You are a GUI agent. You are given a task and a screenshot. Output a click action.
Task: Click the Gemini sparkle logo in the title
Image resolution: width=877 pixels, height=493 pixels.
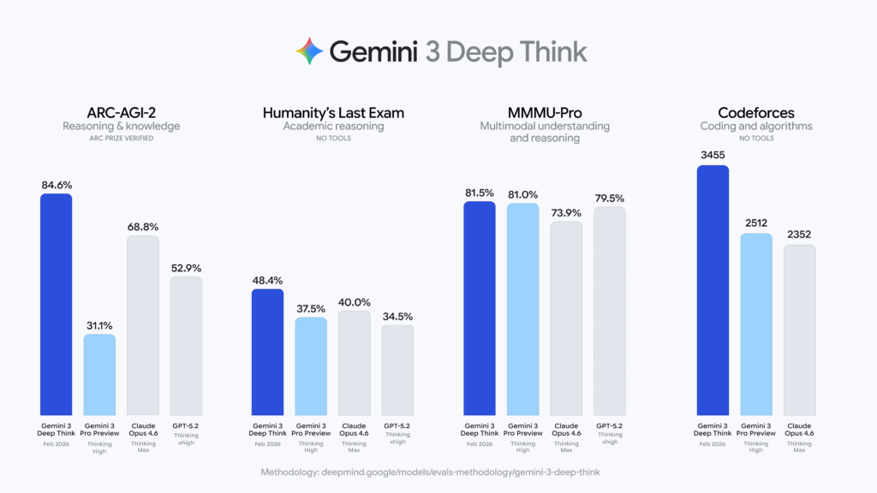309,51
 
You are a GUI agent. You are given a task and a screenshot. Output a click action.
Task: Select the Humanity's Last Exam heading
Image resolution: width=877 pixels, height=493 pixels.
333,111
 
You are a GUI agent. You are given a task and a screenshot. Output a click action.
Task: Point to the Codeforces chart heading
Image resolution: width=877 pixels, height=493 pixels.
755,111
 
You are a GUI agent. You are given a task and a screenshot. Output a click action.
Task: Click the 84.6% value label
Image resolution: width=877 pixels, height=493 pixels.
57,184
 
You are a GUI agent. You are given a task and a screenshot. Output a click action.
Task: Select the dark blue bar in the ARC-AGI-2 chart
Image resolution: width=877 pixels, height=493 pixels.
57,304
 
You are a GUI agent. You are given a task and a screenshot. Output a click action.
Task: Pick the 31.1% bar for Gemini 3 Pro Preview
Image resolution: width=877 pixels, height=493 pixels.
99,374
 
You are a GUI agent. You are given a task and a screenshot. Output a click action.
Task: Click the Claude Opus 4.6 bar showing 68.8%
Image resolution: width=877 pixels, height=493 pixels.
143,325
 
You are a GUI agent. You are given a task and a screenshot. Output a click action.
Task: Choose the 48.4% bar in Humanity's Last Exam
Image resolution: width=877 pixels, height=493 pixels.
267,351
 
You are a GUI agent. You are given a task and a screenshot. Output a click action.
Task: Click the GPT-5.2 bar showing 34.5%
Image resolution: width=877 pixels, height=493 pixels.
397,370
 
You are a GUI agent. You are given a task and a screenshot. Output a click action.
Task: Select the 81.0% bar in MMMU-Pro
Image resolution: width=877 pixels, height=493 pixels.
522,308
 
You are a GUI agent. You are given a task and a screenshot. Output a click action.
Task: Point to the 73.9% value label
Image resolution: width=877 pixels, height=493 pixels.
566,212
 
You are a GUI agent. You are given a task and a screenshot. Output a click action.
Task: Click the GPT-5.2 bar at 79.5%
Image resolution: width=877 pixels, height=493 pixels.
610,310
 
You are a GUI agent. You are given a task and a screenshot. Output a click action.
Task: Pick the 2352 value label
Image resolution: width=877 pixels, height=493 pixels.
799,235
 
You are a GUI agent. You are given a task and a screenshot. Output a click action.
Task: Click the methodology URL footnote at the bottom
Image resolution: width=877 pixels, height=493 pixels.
438,472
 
